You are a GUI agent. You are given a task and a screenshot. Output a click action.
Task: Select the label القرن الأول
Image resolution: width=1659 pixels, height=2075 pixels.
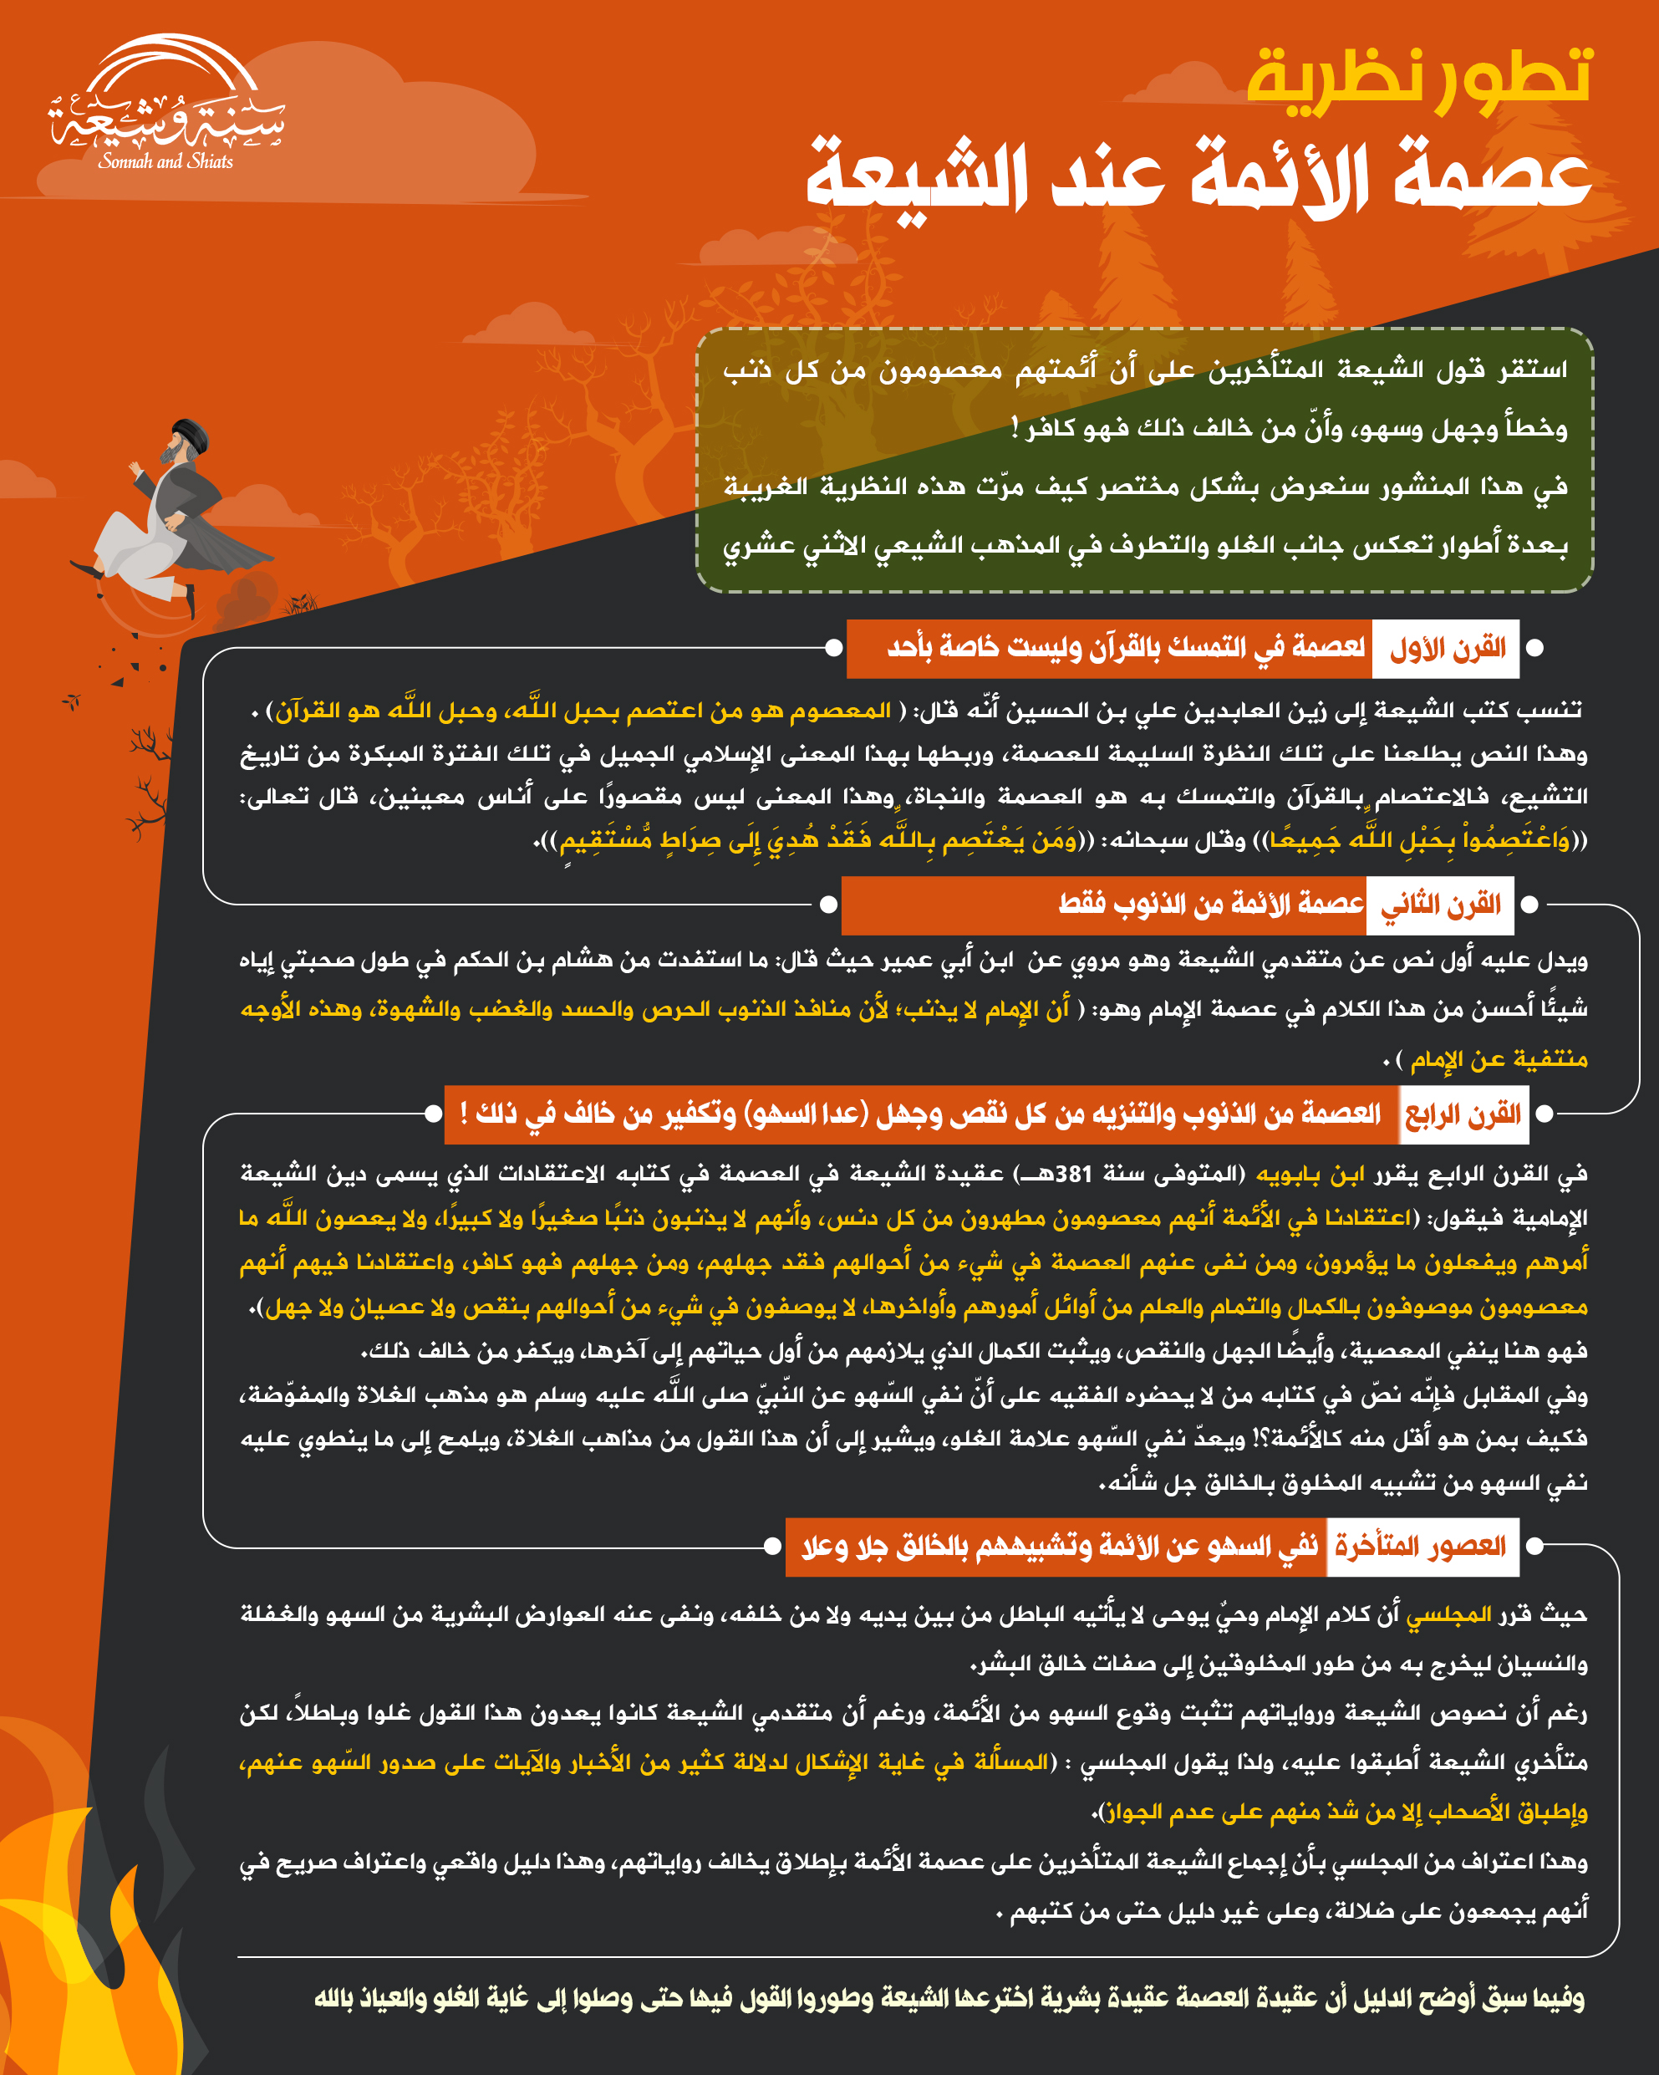point(1447,649)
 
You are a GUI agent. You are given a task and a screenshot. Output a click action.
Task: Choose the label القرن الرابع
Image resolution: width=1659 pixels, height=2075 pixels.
point(1463,1114)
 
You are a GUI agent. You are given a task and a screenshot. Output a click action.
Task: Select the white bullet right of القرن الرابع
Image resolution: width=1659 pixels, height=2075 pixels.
point(1544,1114)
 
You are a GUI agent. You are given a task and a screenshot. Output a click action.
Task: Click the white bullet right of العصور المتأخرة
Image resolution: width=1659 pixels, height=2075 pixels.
point(1536,1547)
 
